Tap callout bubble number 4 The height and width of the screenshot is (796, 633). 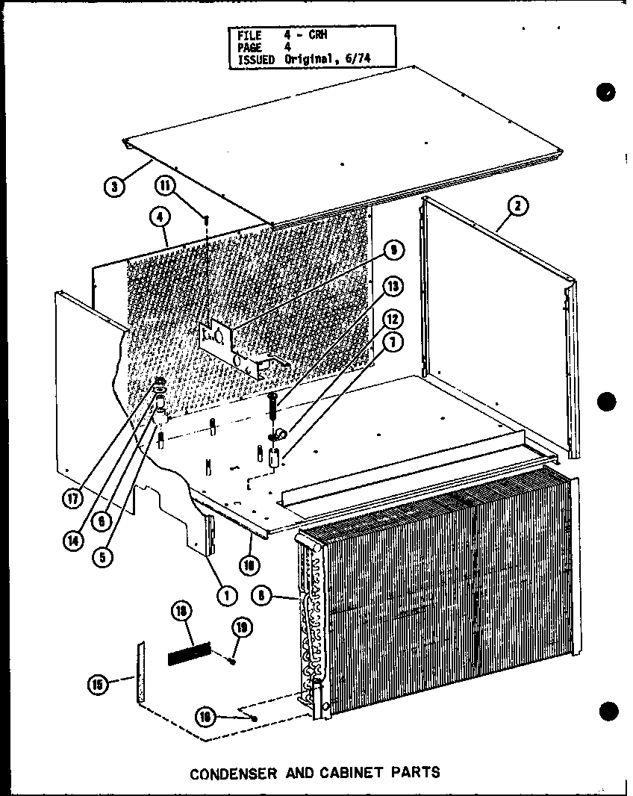click(x=159, y=218)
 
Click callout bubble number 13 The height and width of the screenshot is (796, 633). click(x=392, y=287)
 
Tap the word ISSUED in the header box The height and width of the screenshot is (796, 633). click(x=256, y=59)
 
